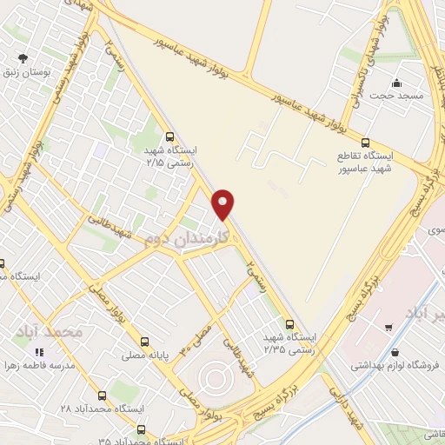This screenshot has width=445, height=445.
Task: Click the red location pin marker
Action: click(223, 203)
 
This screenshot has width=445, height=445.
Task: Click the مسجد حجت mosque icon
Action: click(396, 83)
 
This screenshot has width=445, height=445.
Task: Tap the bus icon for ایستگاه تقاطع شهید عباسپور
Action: click(365, 142)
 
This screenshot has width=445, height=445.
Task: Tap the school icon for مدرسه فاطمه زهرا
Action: click(38, 352)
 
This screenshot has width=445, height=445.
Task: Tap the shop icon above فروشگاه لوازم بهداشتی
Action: click(396, 354)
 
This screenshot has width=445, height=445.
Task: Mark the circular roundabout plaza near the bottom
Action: click(214, 379)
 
